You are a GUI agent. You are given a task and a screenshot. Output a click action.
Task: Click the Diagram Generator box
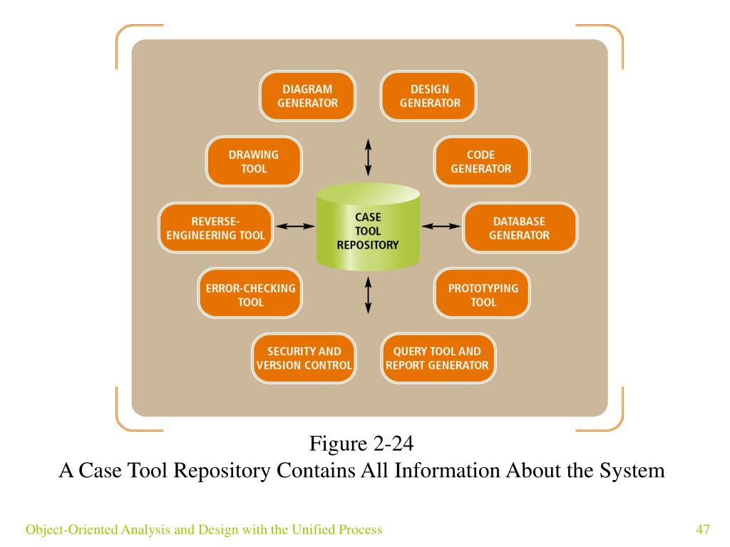click(x=307, y=96)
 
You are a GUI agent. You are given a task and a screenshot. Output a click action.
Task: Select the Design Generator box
click(x=428, y=96)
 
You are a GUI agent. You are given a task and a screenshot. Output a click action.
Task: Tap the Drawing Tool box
click(x=254, y=162)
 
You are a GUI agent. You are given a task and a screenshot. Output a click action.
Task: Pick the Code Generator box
click(x=481, y=162)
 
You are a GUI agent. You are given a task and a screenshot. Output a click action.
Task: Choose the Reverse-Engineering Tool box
click(x=215, y=228)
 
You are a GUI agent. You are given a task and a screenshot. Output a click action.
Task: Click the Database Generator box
click(x=520, y=228)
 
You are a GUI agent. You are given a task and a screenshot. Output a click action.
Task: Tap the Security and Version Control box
click(x=304, y=358)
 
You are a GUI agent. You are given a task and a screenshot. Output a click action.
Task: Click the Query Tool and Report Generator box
click(x=438, y=358)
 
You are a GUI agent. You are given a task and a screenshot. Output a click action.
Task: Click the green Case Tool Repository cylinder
click(x=368, y=227)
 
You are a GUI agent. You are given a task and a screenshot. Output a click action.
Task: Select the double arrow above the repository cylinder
click(x=369, y=157)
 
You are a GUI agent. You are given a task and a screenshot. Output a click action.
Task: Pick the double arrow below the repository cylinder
click(x=369, y=295)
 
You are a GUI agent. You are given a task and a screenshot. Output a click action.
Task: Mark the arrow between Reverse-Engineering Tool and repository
click(x=295, y=226)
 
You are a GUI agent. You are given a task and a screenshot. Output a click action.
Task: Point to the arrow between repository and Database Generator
click(x=441, y=226)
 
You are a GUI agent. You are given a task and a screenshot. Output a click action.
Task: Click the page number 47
click(x=703, y=529)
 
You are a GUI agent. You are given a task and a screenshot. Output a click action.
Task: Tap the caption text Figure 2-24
click(x=361, y=443)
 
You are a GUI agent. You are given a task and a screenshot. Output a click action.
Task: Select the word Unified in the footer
click(x=312, y=529)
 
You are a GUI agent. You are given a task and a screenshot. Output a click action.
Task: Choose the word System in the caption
click(x=632, y=471)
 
